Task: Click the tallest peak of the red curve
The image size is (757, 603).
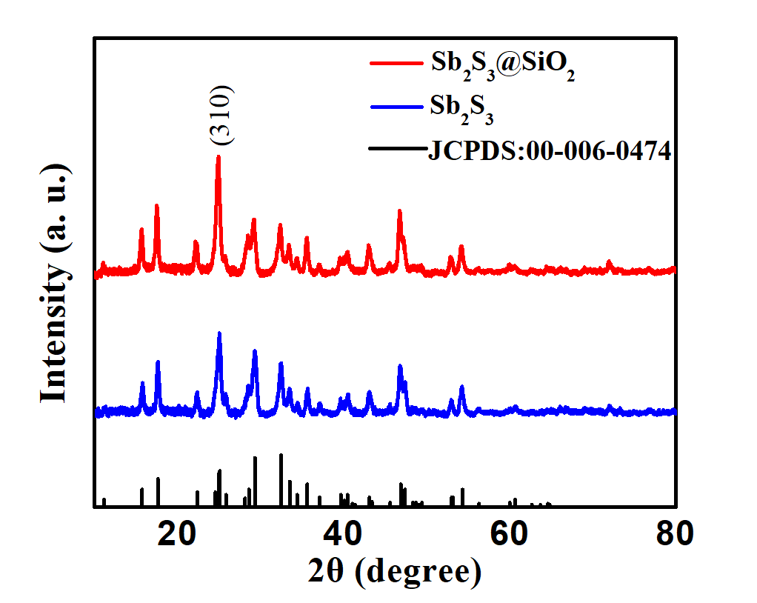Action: pos(218,157)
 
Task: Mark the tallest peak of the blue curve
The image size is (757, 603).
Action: pos(219,333)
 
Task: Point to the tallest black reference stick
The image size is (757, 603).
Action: pos(281,455)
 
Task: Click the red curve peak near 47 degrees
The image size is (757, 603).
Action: pos(400,211)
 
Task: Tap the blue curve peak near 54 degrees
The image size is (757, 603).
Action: pos(461,387)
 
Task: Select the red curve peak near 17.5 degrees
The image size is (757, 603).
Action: pos(156,205)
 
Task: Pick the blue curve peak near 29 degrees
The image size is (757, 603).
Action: pos(255,351)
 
